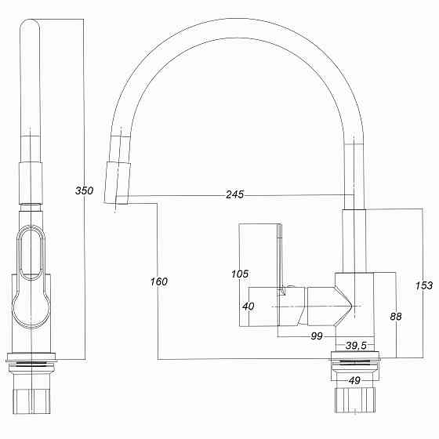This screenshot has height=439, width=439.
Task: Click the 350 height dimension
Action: pos(84,190)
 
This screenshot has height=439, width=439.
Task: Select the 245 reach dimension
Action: pos(234,194)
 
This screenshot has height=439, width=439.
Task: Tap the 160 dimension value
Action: pos(158,281)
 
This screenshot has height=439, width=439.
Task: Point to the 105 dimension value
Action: pos(240,274)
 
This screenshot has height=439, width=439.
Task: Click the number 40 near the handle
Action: pos(249,307)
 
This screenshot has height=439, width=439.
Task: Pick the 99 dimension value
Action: pos(317,336)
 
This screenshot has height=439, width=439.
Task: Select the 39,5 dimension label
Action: pos(357,345)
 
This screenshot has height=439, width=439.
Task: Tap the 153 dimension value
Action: pos(424,286)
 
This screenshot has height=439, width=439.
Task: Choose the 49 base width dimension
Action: pos(356,381)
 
